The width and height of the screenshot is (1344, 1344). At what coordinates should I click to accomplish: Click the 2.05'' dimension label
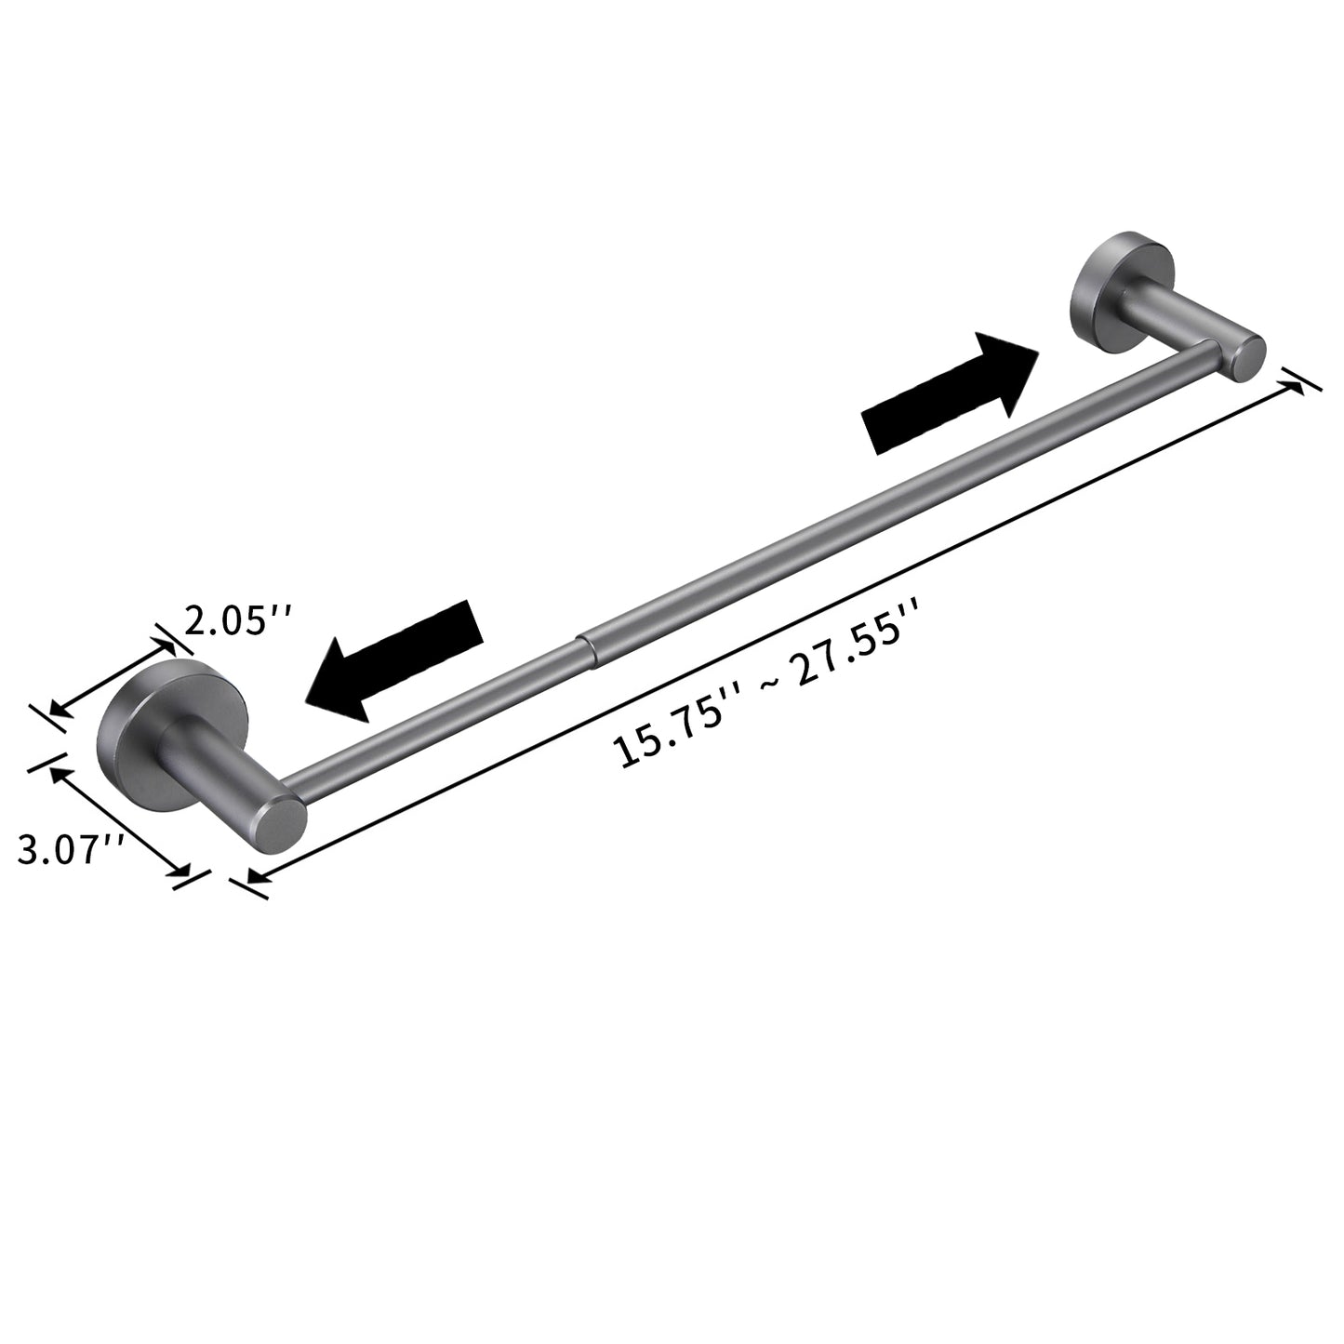click(238, 618)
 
